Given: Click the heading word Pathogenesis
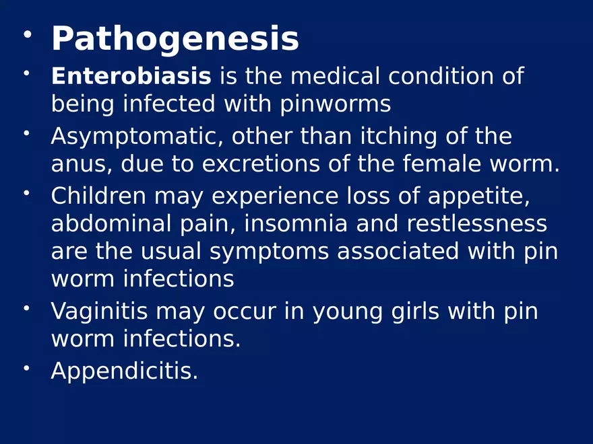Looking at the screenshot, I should coord(175,39).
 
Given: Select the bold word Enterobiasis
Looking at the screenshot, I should coord(131,77).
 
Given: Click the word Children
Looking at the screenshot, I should coord(98,196).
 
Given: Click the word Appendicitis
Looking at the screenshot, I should coord(124,371).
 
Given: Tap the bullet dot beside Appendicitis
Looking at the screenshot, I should coord(26,367).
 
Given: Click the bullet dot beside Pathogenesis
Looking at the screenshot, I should coord(26,34).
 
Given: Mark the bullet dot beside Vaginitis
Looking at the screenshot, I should coord(26,308).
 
